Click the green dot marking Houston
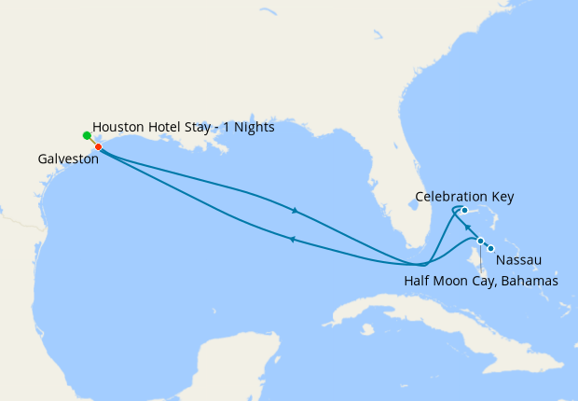click(87, 135)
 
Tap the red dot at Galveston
click(98, 146)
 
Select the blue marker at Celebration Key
click(464, 211)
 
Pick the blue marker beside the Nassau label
click(490, 248)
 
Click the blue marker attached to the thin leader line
click(480, 242)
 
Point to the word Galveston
click(68, 159)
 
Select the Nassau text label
click(518, 259)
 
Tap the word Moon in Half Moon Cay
click(455, 281)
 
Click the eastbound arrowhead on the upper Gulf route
click(295, 211)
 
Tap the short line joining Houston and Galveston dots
click(92, 141)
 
